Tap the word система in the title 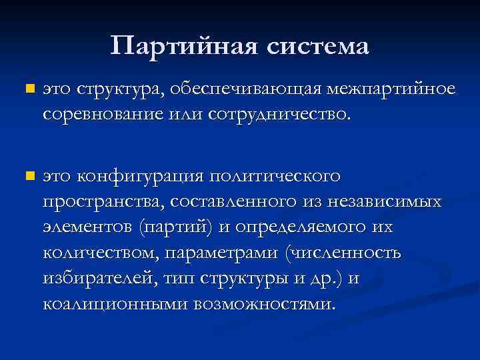pyautogui.click(x=317, y=46)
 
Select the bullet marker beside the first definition pyautogui.click(x=27, y=89)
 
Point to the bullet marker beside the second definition pyautogui.click(x=27, y=177)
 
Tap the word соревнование pyautogui.click(x=97, y=115)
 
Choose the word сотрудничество pyautogui.click(x=278, y=115)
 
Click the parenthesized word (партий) pyautogui.click(x=176, y=227)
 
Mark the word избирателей pyautogui.click(x=98, y=279)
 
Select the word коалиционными pyautogui.click(x=114, y=305)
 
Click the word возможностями pyautogui.click(x=265, y=305)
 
